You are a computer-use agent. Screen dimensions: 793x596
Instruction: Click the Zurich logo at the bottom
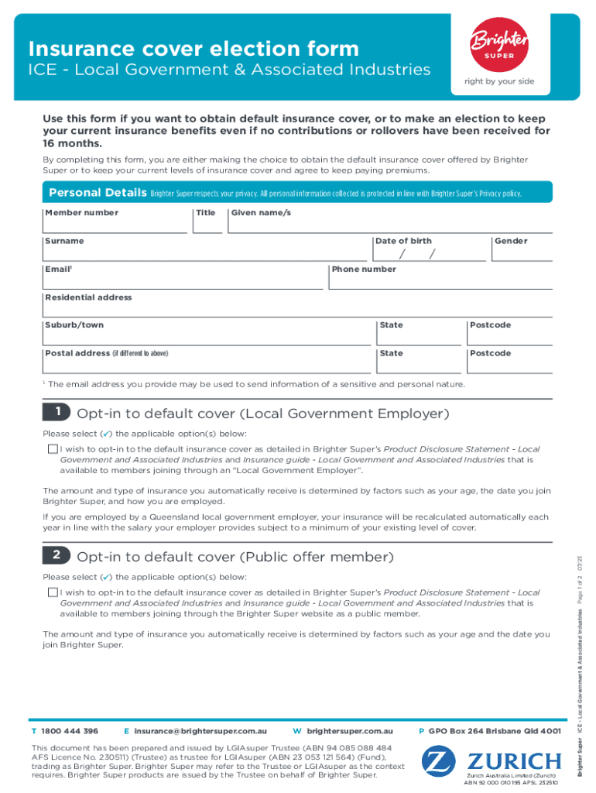tap(491, 760)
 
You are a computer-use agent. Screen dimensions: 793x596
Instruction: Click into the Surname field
tap(204, 252)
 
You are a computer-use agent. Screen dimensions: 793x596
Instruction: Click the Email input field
tap(183, 280)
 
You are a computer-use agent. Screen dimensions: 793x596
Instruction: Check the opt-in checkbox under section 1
tap(52, 449)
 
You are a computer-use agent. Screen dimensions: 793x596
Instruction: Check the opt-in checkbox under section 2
tap(52, 592)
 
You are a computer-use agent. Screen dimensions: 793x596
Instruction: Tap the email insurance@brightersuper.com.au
tap(200, 731)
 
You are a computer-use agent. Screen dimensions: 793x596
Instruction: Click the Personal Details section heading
tap(97, 192)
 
